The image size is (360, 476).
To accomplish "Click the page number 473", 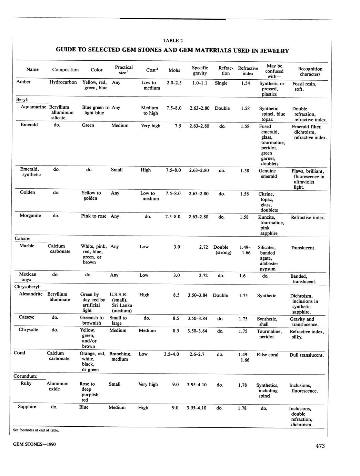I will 320,446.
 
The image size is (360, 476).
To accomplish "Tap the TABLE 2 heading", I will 173,40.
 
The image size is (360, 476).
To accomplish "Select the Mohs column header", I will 174,70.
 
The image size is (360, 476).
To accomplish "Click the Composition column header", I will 65,70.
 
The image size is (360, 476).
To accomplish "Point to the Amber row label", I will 23,82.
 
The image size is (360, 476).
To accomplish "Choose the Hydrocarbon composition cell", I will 63,82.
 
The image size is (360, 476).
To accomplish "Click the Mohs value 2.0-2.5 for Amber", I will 174,83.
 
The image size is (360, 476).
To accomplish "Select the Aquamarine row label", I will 33,107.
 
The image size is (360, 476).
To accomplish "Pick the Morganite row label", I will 30,216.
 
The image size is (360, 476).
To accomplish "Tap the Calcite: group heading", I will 23,238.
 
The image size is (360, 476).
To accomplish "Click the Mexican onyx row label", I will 28,277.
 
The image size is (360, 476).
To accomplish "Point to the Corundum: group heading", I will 26,376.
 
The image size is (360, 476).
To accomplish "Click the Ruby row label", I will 26,383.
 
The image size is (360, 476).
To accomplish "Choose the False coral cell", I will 267,355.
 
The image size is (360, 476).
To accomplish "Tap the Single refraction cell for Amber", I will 221,83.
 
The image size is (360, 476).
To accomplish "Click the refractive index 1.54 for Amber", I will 246,83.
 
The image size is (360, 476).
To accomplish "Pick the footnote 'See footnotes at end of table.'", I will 36,430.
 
